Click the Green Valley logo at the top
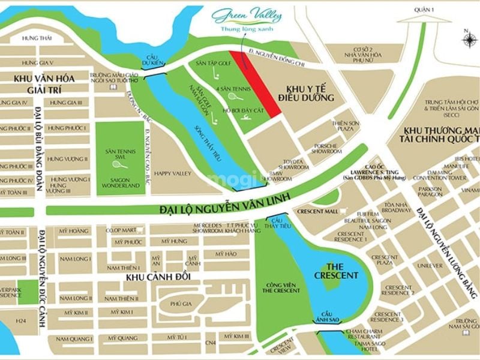coord(247,17)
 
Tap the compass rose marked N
coord(467,39)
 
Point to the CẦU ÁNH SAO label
coord(326,317)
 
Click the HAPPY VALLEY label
coord(172,173)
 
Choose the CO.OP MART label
coord(118,230)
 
